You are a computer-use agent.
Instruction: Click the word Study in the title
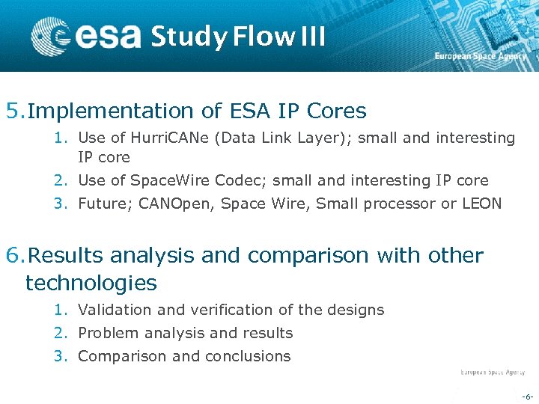tap(188, 37)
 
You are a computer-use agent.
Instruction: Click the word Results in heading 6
tap(64, 256)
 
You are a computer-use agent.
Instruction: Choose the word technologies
tap(91, 283)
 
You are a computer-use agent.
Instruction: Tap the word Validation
tap(114, 310)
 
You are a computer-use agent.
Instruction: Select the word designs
tap(357, 310)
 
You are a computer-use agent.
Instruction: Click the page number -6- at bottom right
tap(526, 396)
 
